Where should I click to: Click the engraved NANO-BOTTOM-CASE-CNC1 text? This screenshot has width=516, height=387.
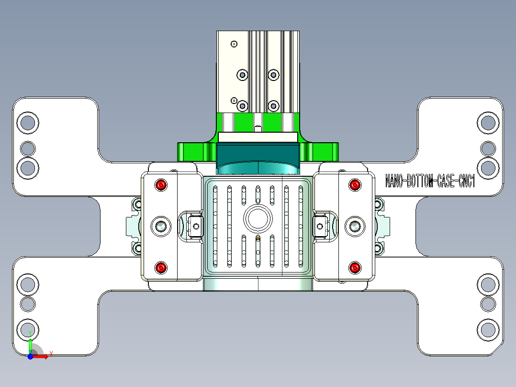click(x=430, y=182)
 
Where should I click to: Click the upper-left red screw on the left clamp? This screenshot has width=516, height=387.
click(x=161, y=185)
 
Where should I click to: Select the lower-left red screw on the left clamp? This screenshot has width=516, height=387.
click(x=161, y=268)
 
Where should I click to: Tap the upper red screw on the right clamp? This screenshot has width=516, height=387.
click(x=354, y=185)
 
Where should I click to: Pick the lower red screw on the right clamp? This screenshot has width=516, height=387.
click(x=354, y=268)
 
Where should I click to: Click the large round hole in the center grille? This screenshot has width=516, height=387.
click(x=258, y=218)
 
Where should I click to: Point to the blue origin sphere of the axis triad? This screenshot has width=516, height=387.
click(x=30, y=356)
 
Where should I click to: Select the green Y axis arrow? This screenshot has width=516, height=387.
click(x=30, y=343)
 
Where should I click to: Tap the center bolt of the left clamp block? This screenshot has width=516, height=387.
click(x=161, y=226)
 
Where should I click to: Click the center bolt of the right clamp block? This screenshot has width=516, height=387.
click(x=355, y=226)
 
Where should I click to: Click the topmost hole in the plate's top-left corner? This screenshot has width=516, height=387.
click(x=28, y=123)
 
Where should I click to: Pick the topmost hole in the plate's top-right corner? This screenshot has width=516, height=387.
click(x=488, y=123)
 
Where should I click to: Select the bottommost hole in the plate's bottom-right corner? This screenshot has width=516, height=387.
click(x=488, y=330)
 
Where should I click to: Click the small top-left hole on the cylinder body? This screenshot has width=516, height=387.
click(x=234, y=44)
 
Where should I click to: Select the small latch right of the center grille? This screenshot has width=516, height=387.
click(x=320, y=226)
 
